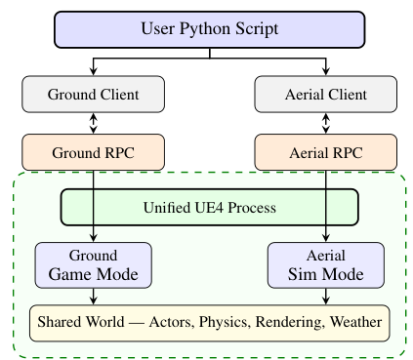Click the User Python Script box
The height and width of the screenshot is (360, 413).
point(210,30)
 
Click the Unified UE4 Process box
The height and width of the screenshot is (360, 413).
point(210,207)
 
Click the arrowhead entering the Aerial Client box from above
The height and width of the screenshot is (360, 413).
point(325,71)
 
